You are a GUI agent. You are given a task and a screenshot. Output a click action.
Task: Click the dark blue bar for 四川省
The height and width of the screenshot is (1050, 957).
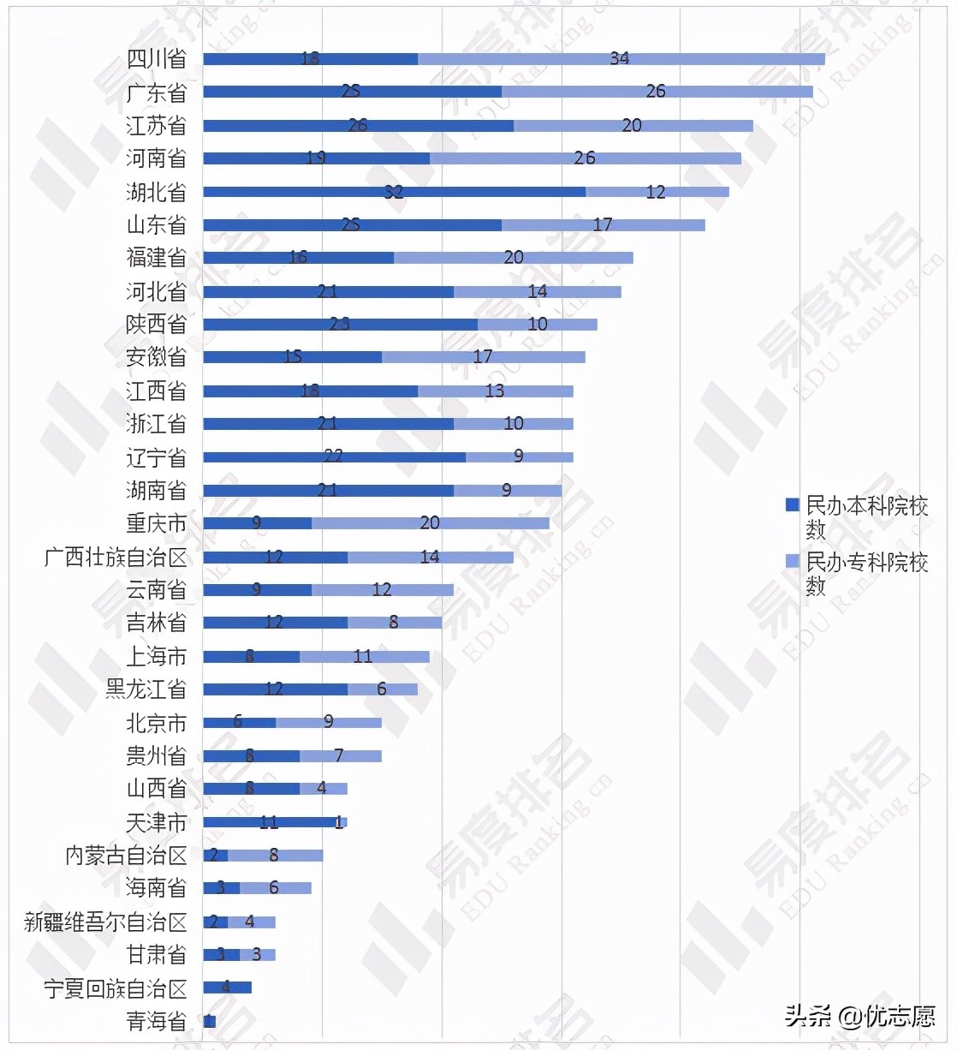coord(257,59)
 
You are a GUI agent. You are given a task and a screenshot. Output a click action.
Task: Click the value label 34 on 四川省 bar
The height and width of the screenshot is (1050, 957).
coord(620,58)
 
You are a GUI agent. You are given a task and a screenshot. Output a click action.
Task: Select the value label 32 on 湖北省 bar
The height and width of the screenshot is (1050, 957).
coord(393,192)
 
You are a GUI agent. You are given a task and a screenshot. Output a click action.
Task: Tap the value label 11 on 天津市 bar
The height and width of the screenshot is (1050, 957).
coord(269,822)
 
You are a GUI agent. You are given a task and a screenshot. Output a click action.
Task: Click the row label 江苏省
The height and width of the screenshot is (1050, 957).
coord(156,126)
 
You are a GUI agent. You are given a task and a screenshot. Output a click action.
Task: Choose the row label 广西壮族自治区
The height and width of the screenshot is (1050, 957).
coord(116,558)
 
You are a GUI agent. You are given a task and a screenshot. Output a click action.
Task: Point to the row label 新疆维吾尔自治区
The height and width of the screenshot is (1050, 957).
coord(105,922)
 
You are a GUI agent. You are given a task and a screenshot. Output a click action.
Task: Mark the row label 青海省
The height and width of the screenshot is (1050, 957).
coord(156,1021)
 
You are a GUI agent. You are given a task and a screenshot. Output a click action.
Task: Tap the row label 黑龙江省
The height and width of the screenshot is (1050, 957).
coord(146,689)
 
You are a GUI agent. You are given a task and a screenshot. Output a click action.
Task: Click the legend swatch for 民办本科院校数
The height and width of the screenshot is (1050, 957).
coord(793,504)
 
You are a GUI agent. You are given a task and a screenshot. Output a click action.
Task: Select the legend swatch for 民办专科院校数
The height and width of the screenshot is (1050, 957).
coord(793,561)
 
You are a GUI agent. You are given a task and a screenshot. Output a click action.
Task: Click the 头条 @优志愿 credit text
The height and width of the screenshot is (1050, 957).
coord(859,1017)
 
